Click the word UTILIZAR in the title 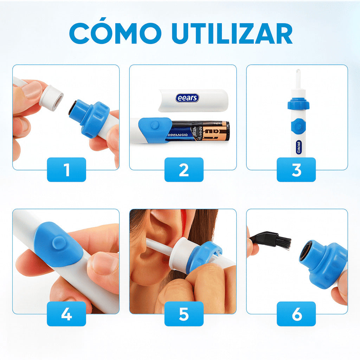tap(232, 34)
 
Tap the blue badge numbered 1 tap(66, 170)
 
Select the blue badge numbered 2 tap(184, 170)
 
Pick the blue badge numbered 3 tap(296, 170)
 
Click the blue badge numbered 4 tap(66, 314)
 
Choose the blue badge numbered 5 tap(184, 314)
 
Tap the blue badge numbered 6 tap(296, 314)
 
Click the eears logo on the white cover tap(187, 98)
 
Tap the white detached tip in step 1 tap(51, 97)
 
